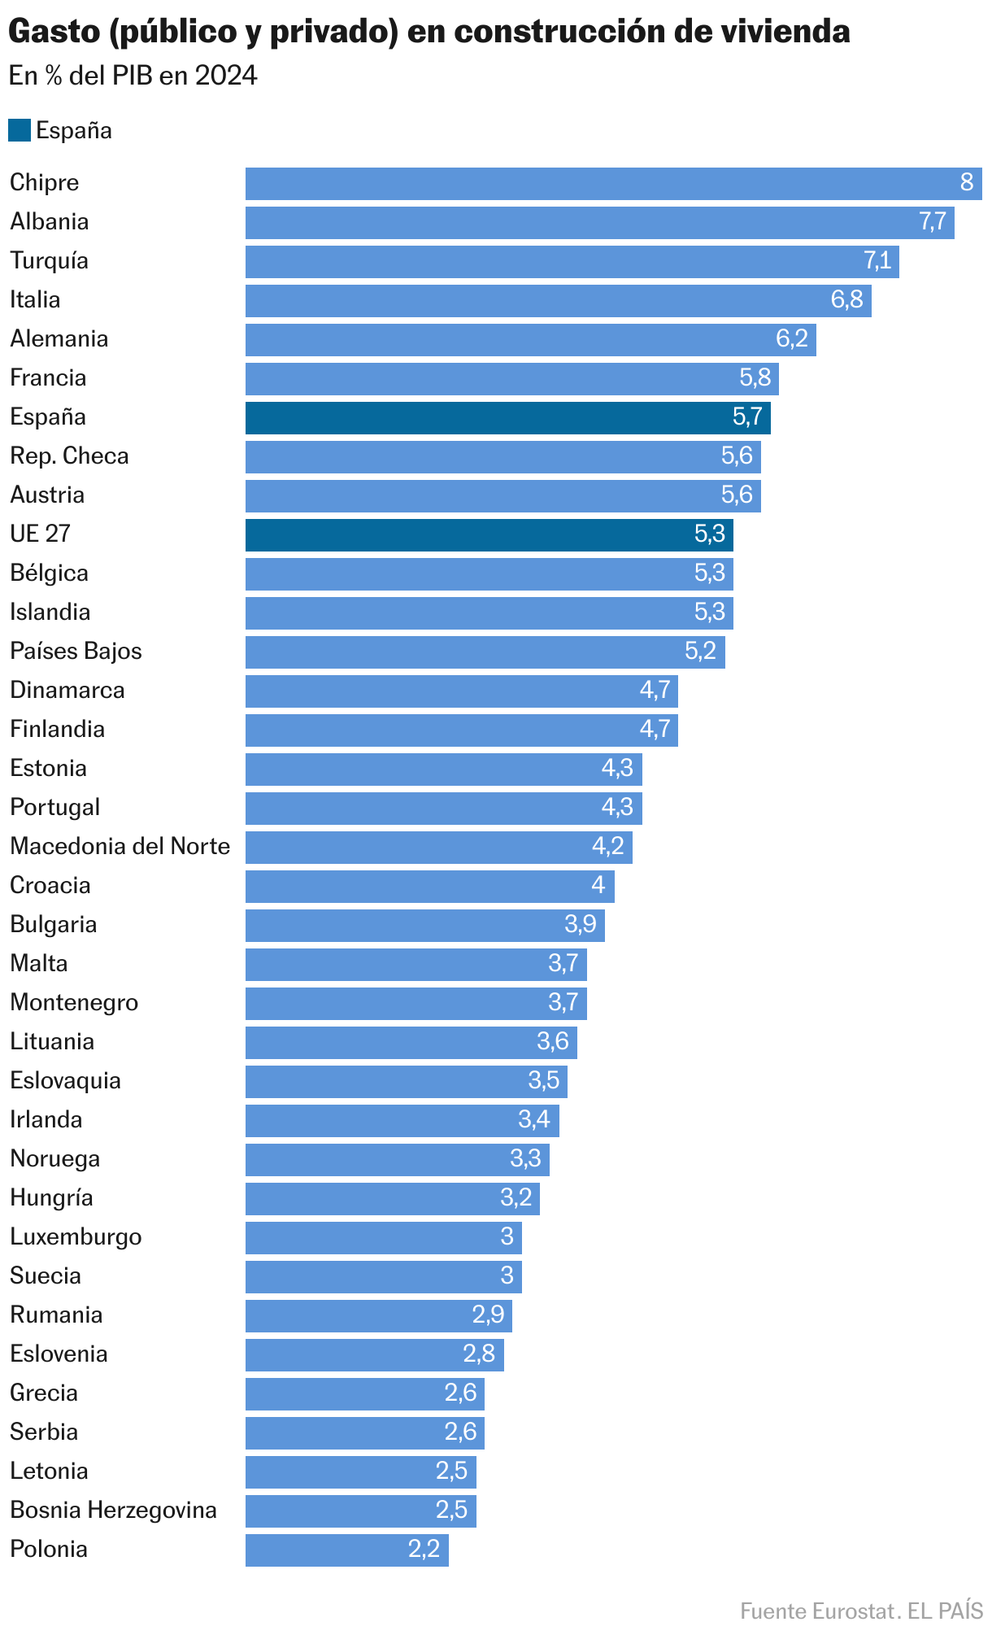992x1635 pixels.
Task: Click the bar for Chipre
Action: pos(614,183)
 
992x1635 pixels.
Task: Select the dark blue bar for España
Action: pos(508,417)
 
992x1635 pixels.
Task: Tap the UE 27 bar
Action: pos(489,534)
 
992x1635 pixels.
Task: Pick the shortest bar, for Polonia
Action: pos(347,1550)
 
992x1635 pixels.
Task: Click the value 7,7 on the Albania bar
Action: pos(933,221)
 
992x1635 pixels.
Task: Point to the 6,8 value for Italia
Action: pos(846,299)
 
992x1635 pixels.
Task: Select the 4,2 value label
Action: pos(607,846)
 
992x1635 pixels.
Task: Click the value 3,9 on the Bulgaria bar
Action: pos(581,924)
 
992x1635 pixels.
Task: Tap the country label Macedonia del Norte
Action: pos(120,846)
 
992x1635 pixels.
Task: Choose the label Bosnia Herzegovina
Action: pos(114,1510)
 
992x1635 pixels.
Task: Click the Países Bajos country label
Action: pos(76,651)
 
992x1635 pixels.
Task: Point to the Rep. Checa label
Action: pos(70,456)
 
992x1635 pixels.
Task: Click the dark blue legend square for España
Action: pos(20,130)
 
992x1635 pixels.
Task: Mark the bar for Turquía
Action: pos(572,261)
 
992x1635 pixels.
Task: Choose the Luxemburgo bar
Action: pos(384,1237)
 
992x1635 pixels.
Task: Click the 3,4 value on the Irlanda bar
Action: pos(534,1119)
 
